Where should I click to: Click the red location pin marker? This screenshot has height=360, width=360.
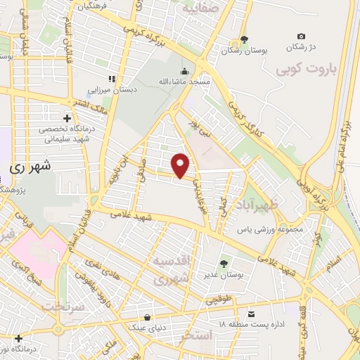(181, 165)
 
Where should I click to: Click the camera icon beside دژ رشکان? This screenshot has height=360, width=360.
(302, 37)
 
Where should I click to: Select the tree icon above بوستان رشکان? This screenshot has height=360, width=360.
(244, 39)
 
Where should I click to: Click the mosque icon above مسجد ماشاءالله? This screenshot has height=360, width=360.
(184, 71)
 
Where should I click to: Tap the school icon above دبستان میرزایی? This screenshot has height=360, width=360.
(110, 79)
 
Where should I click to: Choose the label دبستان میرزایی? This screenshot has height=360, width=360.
(111, 90)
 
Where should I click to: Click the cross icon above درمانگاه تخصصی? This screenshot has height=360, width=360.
(67, 117)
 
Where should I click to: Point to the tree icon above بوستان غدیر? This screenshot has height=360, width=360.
(224, 264)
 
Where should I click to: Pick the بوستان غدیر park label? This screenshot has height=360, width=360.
(224, 275)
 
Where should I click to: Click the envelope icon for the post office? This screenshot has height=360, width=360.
(252, 313)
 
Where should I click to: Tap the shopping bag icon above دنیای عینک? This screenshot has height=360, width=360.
(146, 317)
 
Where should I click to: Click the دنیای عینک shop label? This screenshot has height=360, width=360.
(146, 328)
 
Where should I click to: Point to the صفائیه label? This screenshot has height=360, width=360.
(198, 10)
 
